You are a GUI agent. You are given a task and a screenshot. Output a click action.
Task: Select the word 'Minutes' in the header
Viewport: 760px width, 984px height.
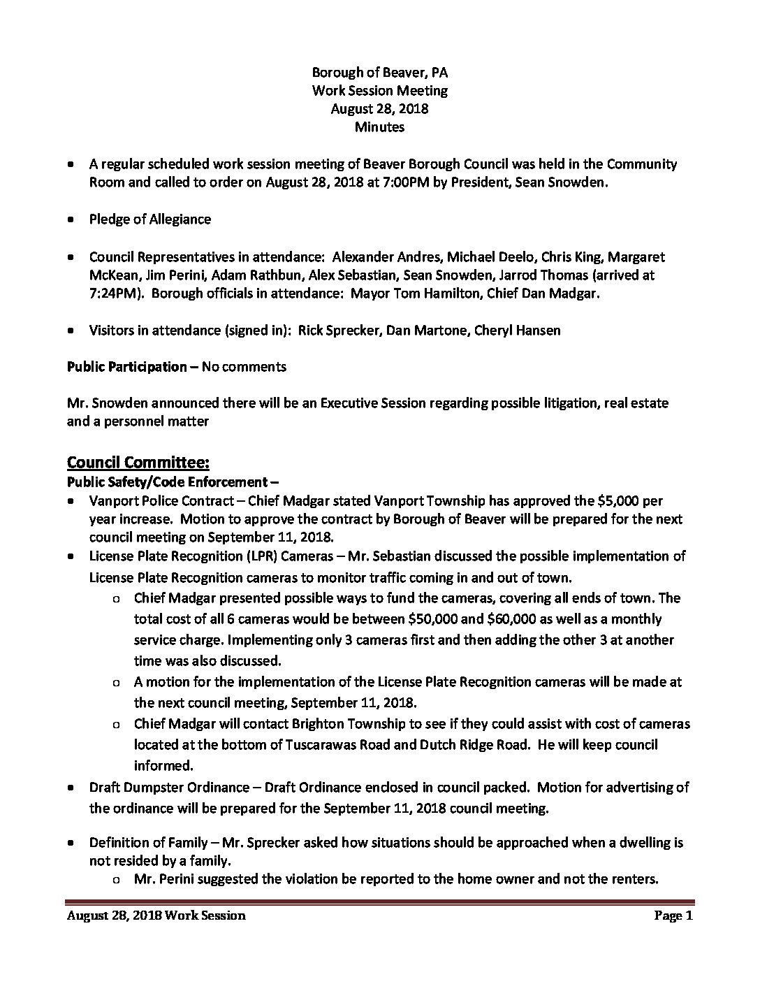pyautogui.click(x=379, y=126)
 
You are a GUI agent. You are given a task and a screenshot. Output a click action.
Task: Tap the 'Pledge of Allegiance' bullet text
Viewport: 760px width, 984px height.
pyautogui.click(x=150, y=219)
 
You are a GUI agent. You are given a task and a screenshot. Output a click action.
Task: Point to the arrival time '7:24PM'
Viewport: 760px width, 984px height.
pyautogui.click(x=114, y=293)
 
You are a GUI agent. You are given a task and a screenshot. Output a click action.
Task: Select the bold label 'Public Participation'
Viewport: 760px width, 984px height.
pyautogui.click(x=126, y=366)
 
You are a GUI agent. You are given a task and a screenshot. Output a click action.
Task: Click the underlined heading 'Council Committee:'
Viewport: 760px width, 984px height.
pyautogui.click(x=138, y=462)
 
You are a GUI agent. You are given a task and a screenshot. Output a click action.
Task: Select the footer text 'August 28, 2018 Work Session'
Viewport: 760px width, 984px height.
pyautogui.click(x=156, y=916)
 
